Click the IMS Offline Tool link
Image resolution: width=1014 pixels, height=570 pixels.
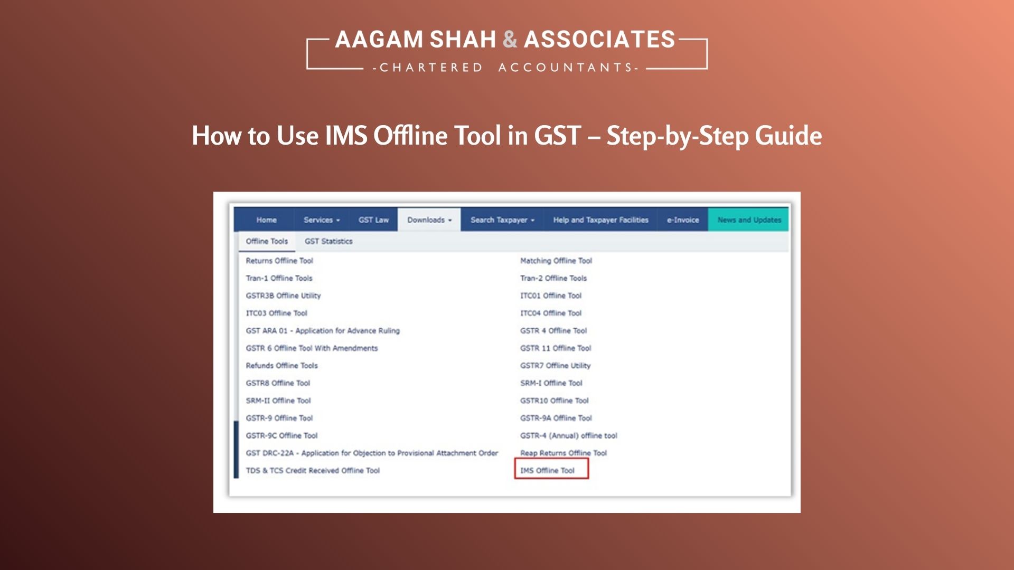pos(547,470)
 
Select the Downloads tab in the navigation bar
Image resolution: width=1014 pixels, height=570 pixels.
pos(429,220)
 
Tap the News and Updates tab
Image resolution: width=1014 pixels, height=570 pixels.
pos(749,220)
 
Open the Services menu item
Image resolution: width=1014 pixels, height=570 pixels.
pos(321,220)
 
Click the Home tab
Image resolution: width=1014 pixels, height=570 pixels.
pos(266,220)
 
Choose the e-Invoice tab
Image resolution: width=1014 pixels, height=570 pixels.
pos(682,220)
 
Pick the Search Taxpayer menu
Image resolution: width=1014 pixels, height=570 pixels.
pos(502,220)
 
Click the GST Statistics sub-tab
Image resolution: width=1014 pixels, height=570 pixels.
pos(328,241)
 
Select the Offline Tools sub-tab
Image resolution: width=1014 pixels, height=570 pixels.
pos(267,241)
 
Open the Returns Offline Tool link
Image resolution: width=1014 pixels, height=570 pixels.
pos(279,261)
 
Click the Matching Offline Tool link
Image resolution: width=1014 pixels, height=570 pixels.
pos(556,261)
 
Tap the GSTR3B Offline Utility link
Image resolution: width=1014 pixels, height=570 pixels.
pos(283,296)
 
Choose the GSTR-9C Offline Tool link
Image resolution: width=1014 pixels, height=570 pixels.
pos(281,435)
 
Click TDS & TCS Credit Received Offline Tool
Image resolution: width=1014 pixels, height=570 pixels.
pos(313,470)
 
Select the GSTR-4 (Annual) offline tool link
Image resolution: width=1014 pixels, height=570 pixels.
pos(568,435)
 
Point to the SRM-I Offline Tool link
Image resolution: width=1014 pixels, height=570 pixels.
pos(551,383)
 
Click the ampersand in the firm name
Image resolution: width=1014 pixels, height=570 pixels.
pos(510,40)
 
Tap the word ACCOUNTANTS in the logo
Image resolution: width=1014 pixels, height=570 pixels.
pos(568,68)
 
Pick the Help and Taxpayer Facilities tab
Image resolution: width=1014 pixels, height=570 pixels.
pos(600,220)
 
